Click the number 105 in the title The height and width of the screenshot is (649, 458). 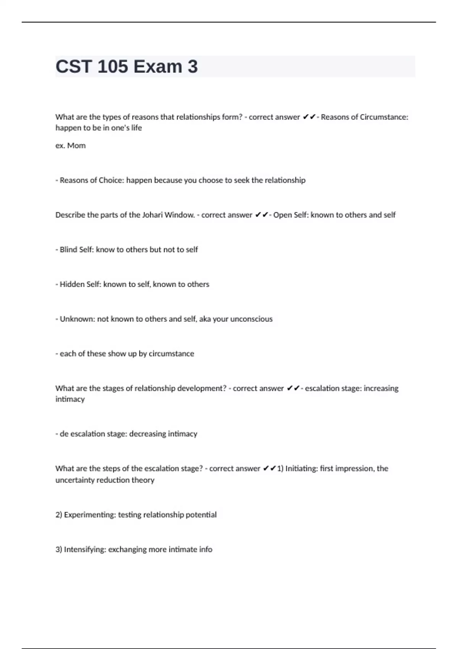[x=113, y=67]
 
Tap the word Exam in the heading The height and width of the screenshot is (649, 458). [x=158, y=67]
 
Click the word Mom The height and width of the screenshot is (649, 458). [x=76, y=145]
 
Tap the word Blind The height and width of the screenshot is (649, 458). [x=68, y=250]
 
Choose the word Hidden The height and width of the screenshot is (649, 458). [x=72, y=284]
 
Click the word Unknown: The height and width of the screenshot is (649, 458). [x=77, y=319]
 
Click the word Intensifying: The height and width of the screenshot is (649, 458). [x=85, y=549]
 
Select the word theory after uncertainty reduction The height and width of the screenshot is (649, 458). [x=143, y=480]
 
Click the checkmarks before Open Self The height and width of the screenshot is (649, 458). [x=261, y=215]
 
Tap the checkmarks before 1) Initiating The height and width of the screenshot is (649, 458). [x=269, y=468]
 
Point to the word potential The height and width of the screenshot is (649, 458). [x=201, y=515]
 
